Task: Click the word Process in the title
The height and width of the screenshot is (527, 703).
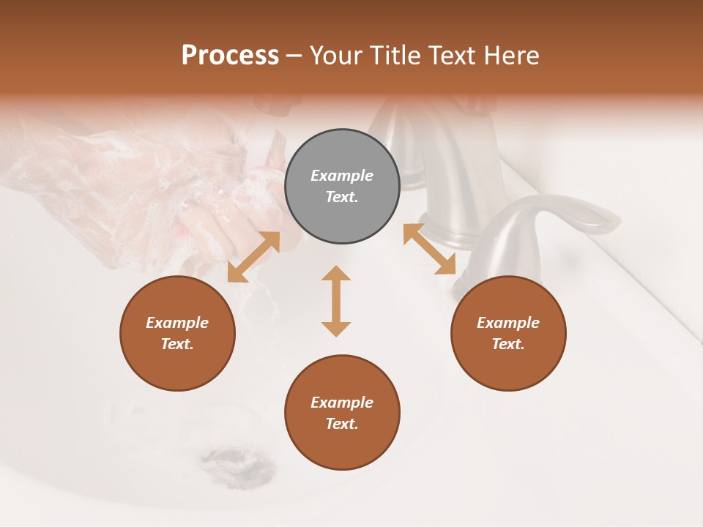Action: (x=230, y=56)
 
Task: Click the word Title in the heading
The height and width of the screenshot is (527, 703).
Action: (x=396, y=56)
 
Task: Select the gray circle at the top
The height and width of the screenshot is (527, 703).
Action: (x=342, y=186)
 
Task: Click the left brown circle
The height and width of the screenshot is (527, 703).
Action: (x=177, y=333)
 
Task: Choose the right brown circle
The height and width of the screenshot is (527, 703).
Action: (x=508, y=333)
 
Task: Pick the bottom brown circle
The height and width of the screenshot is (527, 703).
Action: (x=342, y=413)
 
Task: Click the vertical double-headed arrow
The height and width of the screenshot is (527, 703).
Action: (x=336, y=301)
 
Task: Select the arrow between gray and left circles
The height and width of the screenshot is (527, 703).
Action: (x=253, y=257)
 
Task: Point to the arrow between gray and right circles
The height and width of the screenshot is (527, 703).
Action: (x=430, y=249)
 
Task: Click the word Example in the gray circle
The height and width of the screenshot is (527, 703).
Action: (x=342, y=176)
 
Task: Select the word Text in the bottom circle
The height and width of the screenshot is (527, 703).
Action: (x=342, y=424)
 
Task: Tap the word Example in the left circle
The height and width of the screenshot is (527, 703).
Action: (x=177, y=323)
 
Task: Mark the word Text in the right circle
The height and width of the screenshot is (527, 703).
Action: (x=508, y=344)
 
